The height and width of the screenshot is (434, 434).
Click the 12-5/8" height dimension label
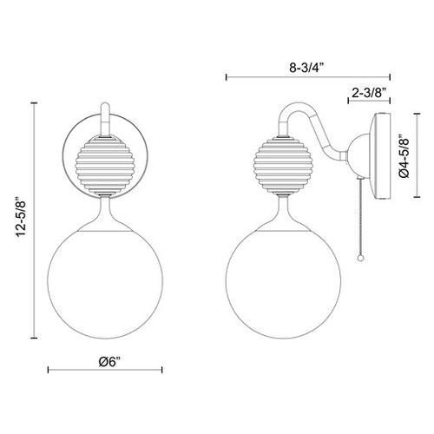coord(22,217)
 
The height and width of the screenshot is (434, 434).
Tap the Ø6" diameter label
coord(109,362)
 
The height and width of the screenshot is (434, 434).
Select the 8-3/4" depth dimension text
coord(307,68)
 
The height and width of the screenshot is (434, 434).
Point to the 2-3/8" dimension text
coord(370,93)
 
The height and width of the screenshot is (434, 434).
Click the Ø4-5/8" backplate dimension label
coord(404,155)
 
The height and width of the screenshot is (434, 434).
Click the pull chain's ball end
coord(360,258)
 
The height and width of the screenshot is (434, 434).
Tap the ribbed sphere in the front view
coord(105,165)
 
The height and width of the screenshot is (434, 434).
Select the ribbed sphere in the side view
coord(284,165)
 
